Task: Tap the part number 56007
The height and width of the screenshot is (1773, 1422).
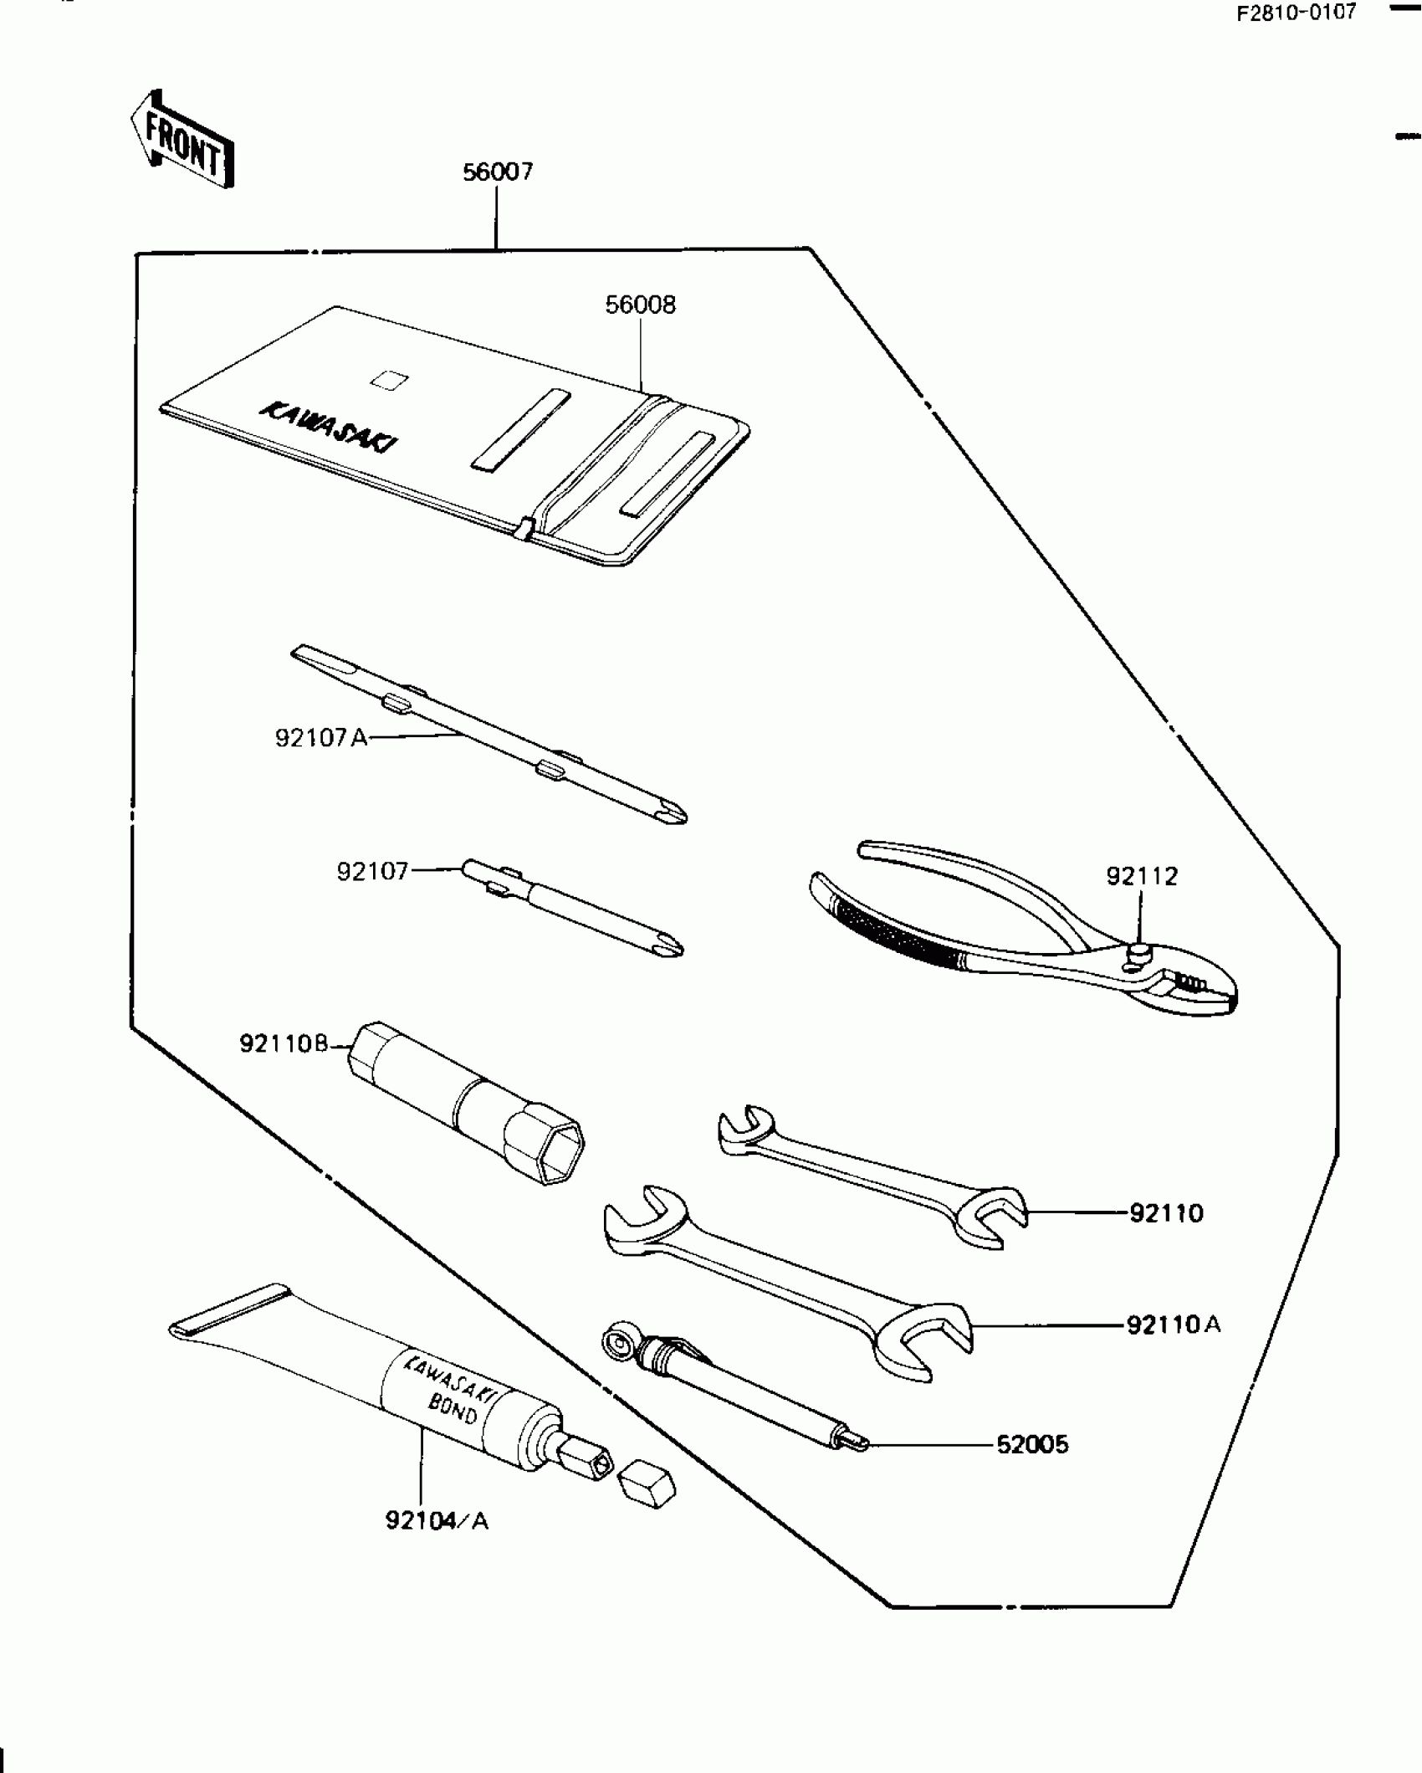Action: click(498, 172)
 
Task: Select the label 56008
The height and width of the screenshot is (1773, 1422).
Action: click(641, 305)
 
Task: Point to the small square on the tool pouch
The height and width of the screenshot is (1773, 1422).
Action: click(389, 379)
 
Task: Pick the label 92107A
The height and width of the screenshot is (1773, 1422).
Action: click(321, 739)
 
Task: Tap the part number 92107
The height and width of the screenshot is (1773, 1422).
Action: click(373, 872)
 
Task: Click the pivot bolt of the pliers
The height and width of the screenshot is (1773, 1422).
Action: click(1140, 951)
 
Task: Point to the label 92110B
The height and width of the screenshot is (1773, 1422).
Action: click(284, 1044)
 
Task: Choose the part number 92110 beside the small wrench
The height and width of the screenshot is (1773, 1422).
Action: click(1167, 1213)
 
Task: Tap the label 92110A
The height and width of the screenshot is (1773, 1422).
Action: click(1174, 1325)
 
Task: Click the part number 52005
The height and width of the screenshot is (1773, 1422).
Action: click(1033, 1445)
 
